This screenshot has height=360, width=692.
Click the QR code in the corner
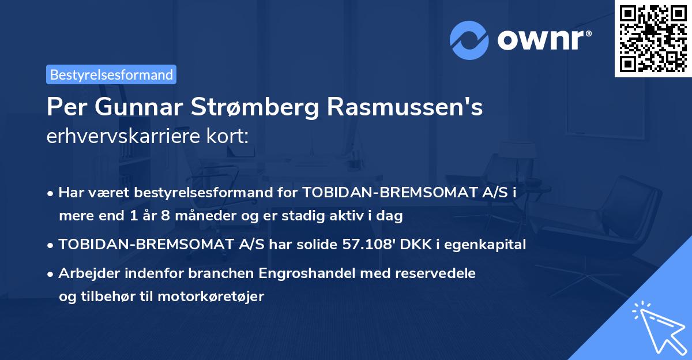653,38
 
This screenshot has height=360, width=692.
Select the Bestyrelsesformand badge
111,74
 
